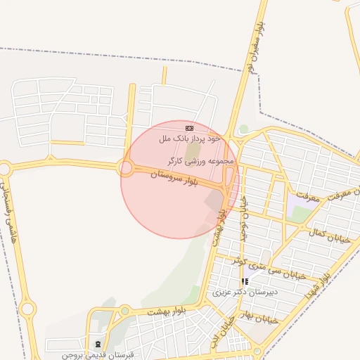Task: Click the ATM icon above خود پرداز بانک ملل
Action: (188, 128)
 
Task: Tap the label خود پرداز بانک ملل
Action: (189, 139)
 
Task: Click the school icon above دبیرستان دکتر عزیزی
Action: (245, 281)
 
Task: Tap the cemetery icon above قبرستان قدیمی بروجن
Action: (97, 344)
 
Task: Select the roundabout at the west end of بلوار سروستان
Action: (127, 168)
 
